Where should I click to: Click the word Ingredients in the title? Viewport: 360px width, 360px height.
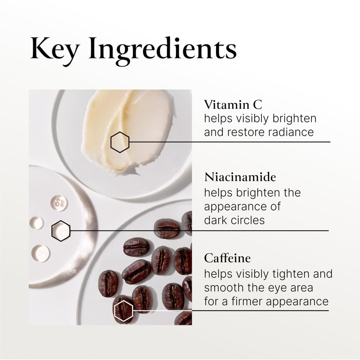click(x=162, y=51)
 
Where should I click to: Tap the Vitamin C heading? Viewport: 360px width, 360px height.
click(x=233, y=105)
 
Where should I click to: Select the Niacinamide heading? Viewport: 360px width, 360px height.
click(x=240, y=177)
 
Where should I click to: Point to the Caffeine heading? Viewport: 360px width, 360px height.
click(x=227, y=258)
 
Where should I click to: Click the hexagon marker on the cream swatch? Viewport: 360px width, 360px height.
click(x=120, y=142)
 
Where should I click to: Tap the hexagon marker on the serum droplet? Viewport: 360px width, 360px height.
click(x=61, y=231)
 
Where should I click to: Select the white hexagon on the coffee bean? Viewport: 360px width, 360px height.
click(x=123, y=310)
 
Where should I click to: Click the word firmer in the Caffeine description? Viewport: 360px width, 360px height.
click(x=247, y=301)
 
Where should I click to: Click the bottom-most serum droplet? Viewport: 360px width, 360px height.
click(x=40, y=253)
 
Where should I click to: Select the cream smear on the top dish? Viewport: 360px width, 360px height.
click(x=129, y=130)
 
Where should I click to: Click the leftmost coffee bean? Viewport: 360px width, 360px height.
click(x=108, y=284)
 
